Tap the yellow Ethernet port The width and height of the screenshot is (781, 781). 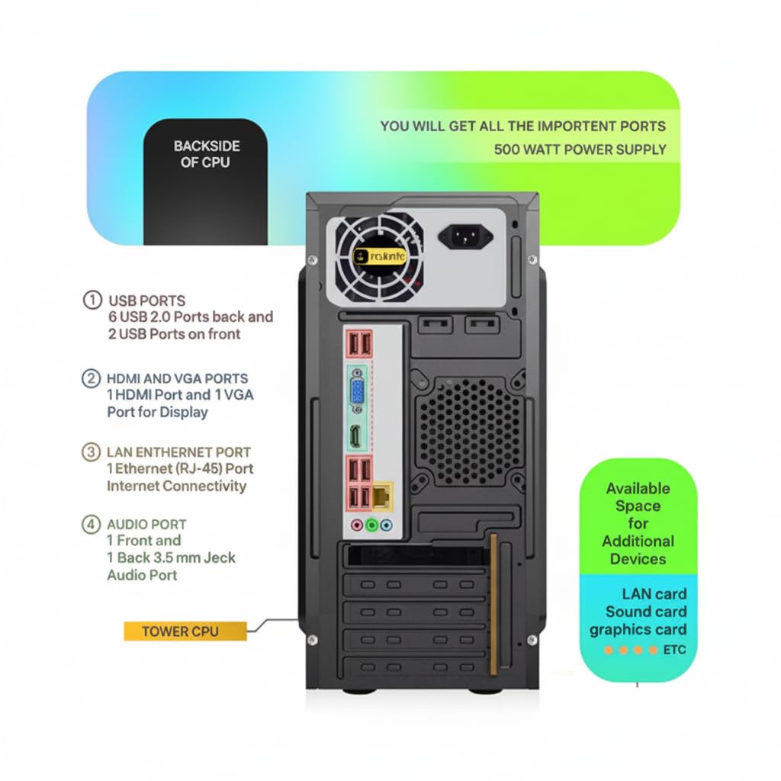[x=381, y=496]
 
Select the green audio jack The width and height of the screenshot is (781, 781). [x=371, y=525]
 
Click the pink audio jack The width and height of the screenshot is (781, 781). [x=356, y=525]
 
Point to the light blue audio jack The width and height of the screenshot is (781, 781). [x=386, y=525]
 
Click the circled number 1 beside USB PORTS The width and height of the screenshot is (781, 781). [x=92, y=300]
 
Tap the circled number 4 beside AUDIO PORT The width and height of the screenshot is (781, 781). [x=91, y=524]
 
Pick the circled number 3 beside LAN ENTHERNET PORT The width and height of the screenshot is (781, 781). [x=91, y=452]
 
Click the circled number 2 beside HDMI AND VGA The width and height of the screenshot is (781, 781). [x=91, y=378]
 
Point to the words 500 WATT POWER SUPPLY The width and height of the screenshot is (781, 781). [x=580, y=149]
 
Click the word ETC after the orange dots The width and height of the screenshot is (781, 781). [x=674, y=650]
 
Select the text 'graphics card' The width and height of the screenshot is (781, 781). [x=638, y=630]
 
